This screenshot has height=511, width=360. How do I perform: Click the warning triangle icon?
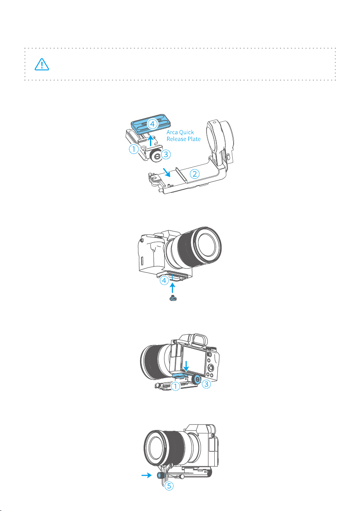42,64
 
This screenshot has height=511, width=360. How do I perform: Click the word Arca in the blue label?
173,132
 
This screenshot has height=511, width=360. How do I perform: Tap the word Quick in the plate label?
187,132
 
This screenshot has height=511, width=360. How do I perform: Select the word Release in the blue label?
176,139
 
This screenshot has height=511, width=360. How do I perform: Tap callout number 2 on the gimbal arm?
195,174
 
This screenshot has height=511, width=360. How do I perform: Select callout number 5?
169,486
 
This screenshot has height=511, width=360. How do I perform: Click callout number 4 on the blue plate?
152,124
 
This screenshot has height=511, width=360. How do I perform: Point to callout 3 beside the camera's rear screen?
206,384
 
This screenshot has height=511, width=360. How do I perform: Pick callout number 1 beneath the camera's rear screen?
175,387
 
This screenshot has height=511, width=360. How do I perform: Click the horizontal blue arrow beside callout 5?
146,475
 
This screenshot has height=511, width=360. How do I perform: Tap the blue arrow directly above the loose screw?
173,288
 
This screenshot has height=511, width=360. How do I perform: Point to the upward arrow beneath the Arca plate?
150,141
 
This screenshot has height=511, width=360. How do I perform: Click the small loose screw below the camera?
173,298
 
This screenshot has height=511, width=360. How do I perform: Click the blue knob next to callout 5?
159,475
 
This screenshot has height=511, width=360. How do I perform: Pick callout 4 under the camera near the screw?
165,280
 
